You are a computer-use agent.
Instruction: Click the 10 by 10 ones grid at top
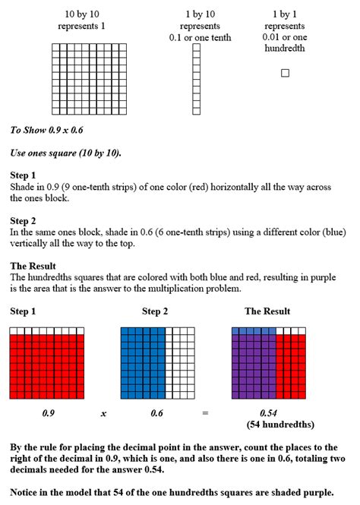[86, 78]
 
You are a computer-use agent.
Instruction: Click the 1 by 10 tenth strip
[196, 78]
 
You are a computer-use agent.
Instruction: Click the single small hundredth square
[285, 73]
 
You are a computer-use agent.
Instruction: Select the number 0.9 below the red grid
[46, 412]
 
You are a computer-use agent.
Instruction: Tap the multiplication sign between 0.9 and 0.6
[103, 413]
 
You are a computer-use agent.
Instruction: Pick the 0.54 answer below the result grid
[269, 412]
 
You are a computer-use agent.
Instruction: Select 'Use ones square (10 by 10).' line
[65, 153]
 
